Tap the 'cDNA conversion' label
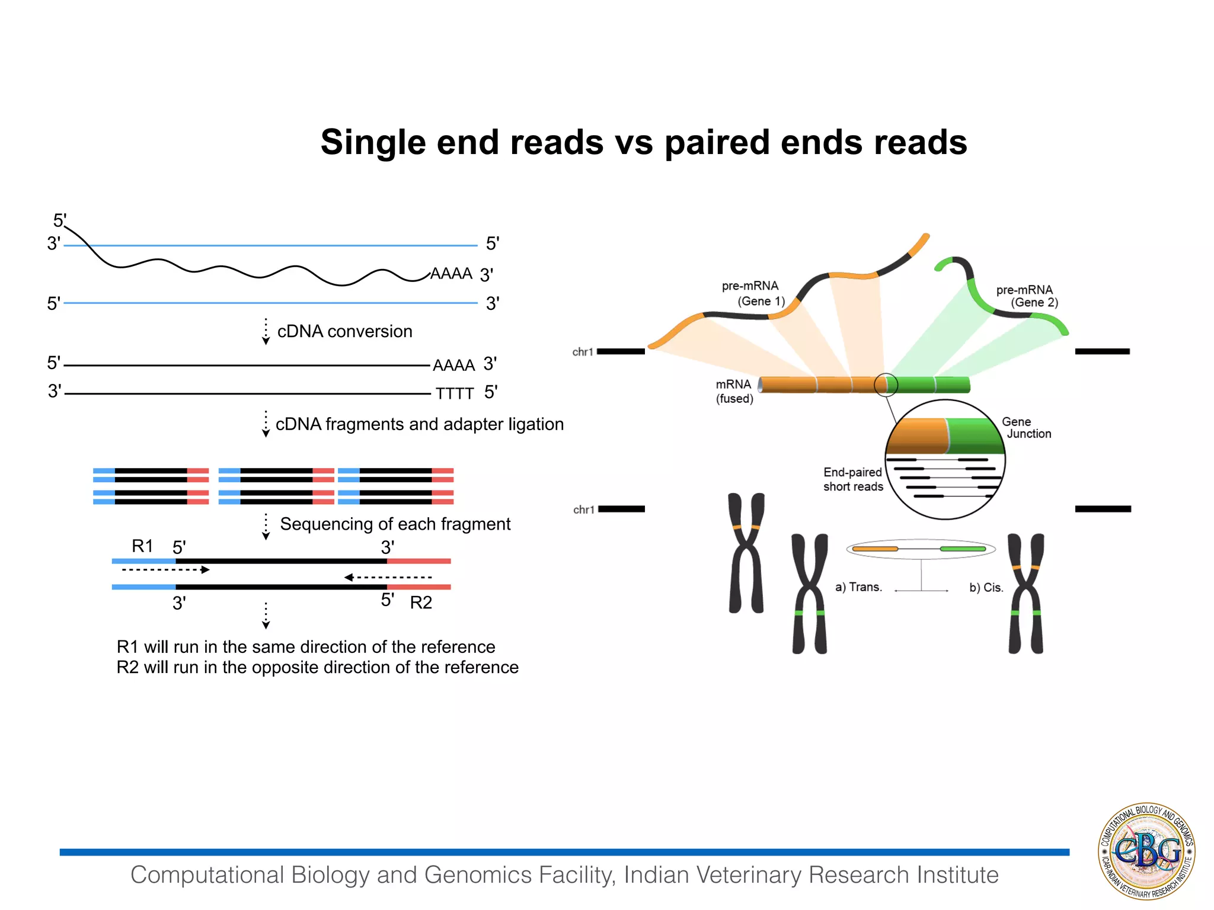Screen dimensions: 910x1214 pyautogui.click(x=344, y=331)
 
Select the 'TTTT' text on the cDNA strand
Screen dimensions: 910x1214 pyautogui.click(x=455, y=394)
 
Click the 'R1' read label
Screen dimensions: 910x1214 pyautogui.click(x=142, y=546)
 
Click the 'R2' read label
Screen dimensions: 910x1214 pyautogui.click(x=421, y=603)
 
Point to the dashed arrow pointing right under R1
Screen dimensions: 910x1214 pyautogui.click(x=166, y=570)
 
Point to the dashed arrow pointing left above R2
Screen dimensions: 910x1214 pyautogui.click(x=388, y=577)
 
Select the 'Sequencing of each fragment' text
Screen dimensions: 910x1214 pyautogui.click(x=395, y=524)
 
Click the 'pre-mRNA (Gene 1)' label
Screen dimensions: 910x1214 pyautogui.click(x=753, y=294)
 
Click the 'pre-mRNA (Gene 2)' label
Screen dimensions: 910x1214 pyautogui.click(x=1027, y=296)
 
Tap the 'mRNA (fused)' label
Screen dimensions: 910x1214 pyautogui.click(x=734, y=391)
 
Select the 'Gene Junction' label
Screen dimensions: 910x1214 pyautogui.click(x=1025, y=428)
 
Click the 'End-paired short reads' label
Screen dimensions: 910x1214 pyautogui.click(x=853, y=479)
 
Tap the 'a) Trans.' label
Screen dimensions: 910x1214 pyautogui.click(x=858, y=587)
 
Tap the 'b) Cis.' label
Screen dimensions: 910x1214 pyautogui.click(x=986, y=588)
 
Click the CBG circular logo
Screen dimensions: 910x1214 pyautogui.click(x=1146, y=851)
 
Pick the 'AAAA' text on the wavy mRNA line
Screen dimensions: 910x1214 pyautogui.click(x=451, y=274)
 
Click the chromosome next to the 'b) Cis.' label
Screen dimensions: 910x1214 pyautogui.click(x=1026, y=593)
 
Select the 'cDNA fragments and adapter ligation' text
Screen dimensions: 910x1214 pyautogui.click(x=419, y=424)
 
